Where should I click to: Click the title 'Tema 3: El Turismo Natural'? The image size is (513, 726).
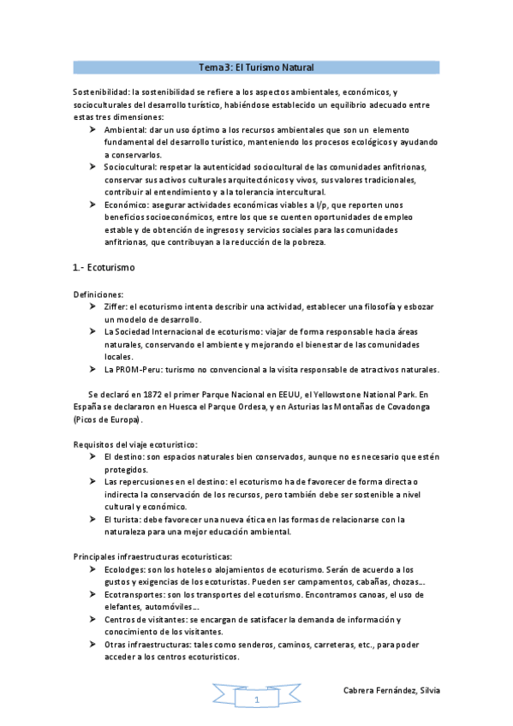pyautogui.click(x=256, y=67)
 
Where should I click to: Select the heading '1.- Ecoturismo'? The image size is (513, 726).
pyautogui.click(x=104, y=268)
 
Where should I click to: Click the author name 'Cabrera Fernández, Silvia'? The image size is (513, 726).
pyautogui.click(x=391, y=690)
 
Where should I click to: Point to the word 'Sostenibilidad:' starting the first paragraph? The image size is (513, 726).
pyautogui.click(x=101, y=92)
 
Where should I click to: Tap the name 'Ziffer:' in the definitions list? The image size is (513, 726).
pyautogui.click(x=116, y=306)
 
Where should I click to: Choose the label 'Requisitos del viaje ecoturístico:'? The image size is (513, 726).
pyautogui.click(x=135, y=444)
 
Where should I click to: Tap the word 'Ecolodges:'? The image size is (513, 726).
pyautogui.click(x=126, y=569)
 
